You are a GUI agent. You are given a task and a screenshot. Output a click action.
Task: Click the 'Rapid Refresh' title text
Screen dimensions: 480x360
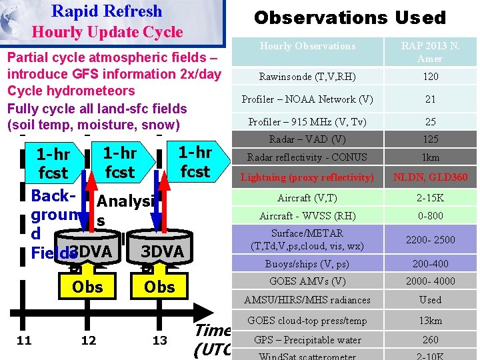coord(107,11)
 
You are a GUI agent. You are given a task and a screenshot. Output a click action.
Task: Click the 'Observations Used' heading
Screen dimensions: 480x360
coord(350,18)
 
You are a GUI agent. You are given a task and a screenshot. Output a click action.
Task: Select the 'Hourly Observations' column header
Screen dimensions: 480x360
coord(307,46)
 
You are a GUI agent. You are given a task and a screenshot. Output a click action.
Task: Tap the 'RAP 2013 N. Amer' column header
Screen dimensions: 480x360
coord(430,52)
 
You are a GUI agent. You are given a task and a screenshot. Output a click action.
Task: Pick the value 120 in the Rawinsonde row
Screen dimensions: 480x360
coord(431,77)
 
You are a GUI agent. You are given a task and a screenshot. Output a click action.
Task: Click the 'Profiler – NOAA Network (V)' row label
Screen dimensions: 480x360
coord(307,99)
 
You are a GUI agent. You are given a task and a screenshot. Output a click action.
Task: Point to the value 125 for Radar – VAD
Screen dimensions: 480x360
coord(431,139)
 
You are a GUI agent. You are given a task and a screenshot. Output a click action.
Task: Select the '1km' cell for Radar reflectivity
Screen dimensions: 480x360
coord(431,157)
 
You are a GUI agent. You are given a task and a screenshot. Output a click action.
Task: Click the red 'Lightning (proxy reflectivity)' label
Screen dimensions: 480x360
coord(307,177)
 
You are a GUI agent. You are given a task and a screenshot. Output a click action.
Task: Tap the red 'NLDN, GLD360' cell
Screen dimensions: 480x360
coord(431,177)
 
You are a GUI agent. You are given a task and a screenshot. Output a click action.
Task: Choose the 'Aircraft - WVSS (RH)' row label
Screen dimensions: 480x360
coord(307,216)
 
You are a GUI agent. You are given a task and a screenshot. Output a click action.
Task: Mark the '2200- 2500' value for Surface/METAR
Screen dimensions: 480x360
coord(431,239)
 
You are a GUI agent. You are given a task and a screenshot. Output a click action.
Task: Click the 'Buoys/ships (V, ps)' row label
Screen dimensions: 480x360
coord(307,263)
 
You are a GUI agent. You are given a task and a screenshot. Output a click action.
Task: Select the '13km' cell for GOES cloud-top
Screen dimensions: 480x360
coord(431,321)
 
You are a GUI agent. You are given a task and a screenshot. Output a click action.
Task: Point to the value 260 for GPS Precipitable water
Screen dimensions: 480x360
coord(431,340)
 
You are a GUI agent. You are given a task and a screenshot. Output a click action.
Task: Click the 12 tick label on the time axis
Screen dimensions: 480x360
coord(88,341)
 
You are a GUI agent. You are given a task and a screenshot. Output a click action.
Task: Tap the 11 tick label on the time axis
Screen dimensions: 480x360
coord(24,341)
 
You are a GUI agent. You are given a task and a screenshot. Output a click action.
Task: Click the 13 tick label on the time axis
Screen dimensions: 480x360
coord(159,341)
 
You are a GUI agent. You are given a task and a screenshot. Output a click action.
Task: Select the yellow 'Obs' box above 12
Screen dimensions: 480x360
coord(87,287)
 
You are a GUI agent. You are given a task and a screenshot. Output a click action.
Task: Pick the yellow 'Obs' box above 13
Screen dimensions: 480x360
coord(159,287)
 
